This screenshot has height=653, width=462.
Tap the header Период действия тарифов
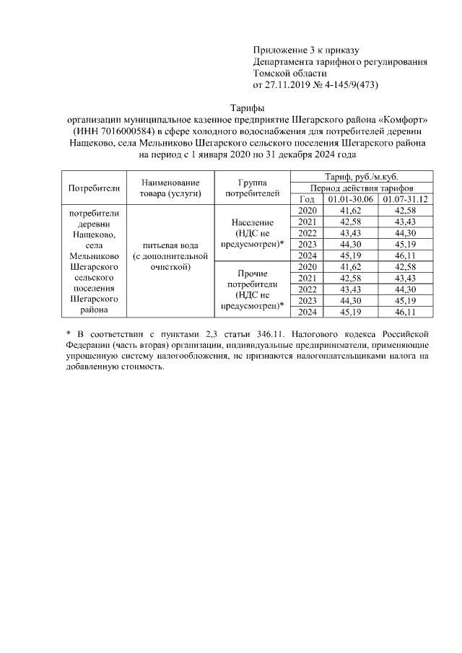tap(362, 188)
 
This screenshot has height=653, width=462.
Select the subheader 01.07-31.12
tap(406, 199)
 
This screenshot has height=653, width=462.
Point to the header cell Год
tap(306, 199)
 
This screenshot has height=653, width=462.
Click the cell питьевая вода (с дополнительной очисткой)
tap(170, 261)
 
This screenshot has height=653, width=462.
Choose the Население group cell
tap(252, 234)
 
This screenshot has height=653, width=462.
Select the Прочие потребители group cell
tap(252, 290)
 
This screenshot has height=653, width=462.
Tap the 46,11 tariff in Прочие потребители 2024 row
tap(406, 312)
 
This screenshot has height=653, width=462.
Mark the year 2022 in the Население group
tap(307, 232)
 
